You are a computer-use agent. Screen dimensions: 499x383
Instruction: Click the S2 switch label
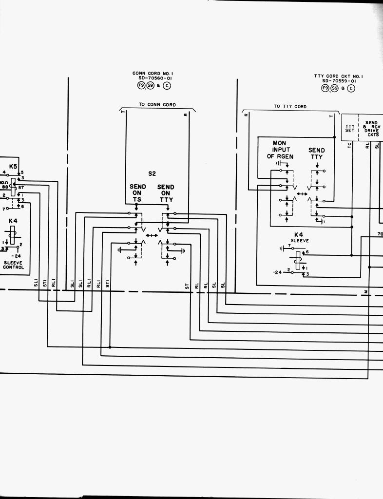coord(152,173)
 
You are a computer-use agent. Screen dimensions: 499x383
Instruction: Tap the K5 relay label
coord(13,166)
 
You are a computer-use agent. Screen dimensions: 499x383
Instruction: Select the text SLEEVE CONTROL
coord(13,265)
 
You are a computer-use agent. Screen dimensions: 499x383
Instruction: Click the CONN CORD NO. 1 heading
coord(153,73)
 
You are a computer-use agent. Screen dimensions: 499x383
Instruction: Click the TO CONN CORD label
coord(157,105)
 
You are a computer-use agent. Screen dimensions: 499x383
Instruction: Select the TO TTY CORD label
coord(290,106)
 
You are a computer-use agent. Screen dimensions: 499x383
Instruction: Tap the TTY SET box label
coord(350,128)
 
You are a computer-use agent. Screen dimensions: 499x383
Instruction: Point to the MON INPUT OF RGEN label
coord(278,150)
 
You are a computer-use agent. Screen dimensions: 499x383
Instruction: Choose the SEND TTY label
coord(316,154)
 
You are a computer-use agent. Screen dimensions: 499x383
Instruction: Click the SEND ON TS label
coord(137,193)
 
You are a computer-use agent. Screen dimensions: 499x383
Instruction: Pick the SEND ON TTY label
coord(166,193)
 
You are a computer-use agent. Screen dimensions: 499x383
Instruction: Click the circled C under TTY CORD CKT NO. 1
coord(350,88)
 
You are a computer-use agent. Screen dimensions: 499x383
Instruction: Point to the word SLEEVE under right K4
coord(300,241)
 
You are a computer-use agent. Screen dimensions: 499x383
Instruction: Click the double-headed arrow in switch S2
coord(152,236)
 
